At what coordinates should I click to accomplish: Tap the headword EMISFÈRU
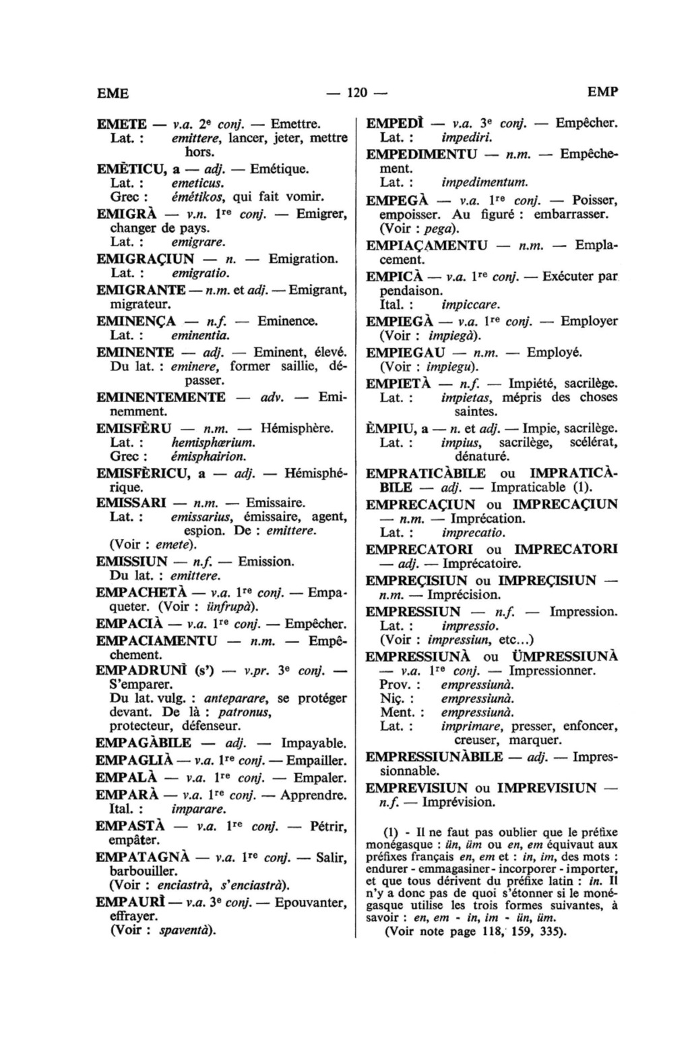134,428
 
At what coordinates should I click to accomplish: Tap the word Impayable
314,744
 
